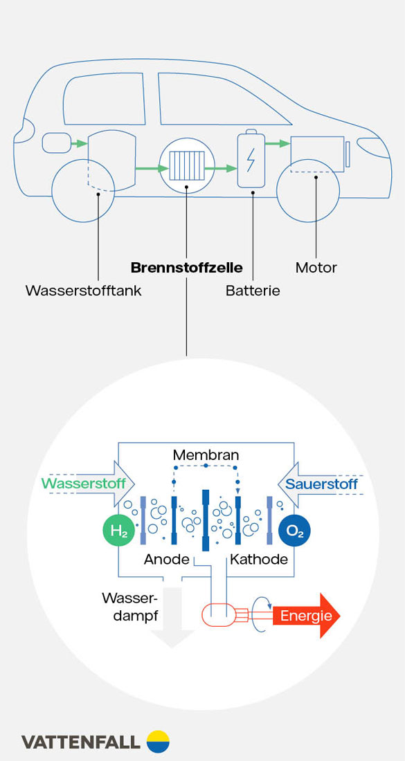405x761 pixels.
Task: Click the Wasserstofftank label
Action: coord(83,291)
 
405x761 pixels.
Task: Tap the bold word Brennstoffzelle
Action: coord(186,268)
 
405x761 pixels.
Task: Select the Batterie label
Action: coord(253,291)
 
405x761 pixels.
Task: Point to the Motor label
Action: coord(316,268)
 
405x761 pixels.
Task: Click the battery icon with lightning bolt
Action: coord(250,160)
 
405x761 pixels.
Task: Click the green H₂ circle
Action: coord(118,531)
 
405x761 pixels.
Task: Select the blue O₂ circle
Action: coord(294,531)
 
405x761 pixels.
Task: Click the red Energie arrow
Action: coord(306,615)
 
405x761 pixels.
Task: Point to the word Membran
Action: coord(206,455)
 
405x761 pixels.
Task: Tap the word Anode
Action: coord(167,560)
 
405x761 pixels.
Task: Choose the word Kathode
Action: coord(259,560)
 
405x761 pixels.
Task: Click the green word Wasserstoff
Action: coord(84,484)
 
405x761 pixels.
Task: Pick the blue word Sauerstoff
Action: coord(321,484)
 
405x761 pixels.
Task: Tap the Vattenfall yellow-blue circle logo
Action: coord(158,741)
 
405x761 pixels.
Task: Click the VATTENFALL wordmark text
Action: coord(80,742)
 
